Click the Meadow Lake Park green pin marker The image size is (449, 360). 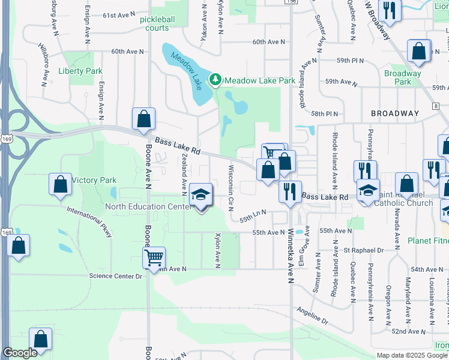(x=214, y=80)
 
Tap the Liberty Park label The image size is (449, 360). (x=80, y=71)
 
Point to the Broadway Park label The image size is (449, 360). (x=403, y=77)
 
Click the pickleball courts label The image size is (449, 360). (x=158, y=23)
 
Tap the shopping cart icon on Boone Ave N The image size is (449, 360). (x=154, y=258)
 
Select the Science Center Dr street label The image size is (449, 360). (x=115, y=276)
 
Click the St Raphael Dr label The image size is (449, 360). (x=363, y=250)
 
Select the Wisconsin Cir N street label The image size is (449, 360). (x=230, y=182)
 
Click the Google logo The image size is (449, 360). (x=20, y=353)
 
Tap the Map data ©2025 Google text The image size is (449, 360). (x=411, y=355)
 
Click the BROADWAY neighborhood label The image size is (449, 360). (x=394, y=113)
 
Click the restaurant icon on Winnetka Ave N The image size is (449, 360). (x=290, y=191)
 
